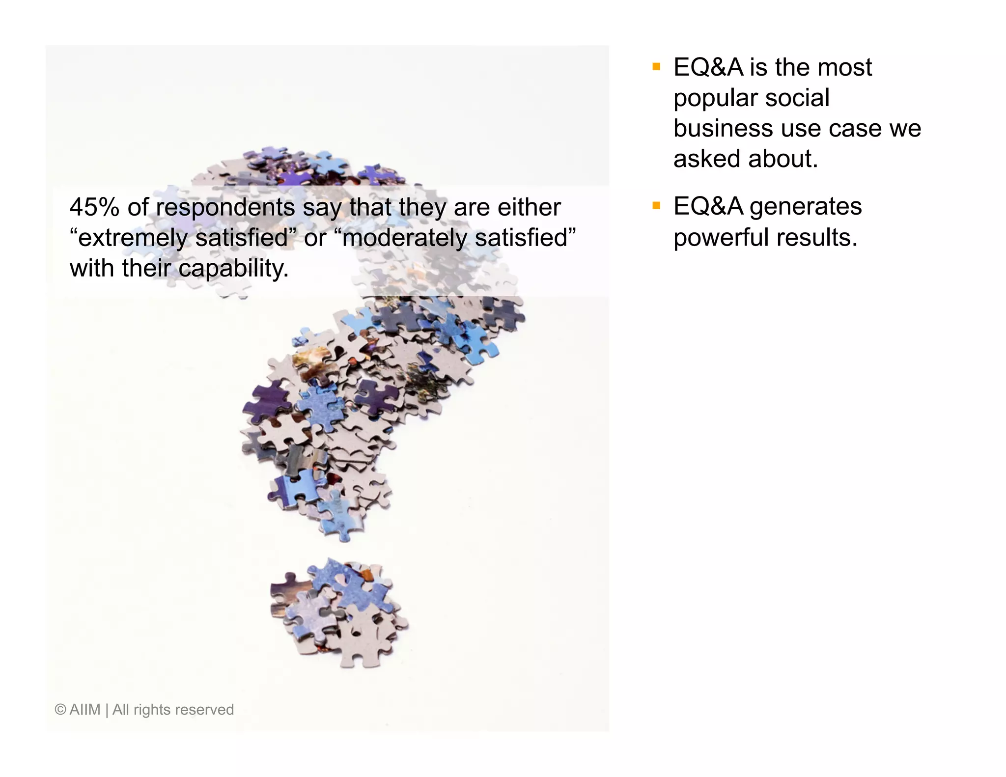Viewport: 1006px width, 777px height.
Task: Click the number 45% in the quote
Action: coord(94,207)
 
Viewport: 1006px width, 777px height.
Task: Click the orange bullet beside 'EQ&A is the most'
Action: coord(656,67)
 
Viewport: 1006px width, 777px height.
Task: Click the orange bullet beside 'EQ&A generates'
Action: coord(656,206)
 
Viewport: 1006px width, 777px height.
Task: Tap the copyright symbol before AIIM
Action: coord(60,710)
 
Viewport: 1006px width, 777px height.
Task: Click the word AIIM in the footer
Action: coord(85,710)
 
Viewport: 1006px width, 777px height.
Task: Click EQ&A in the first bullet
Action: coord(708,67)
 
